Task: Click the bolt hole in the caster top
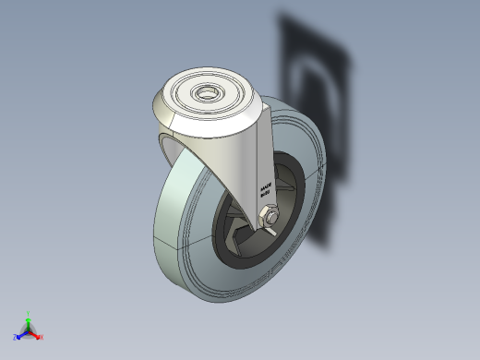pyautogui.click(x=205, y=93)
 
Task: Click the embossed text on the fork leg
pyautogui.click(x=265, y=188)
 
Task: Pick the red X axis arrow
pyautogui.click(x=36, y=336)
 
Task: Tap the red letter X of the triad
pyautogui.click(x=42, y=338)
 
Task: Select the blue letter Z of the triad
pyautogui.click(x=16, y=338)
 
